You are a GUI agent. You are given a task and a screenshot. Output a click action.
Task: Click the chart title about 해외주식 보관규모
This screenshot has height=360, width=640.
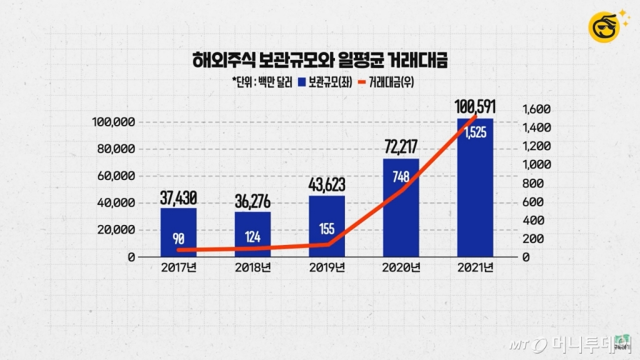[320, 61]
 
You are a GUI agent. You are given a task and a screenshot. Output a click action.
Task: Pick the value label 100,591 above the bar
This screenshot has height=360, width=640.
[475, 106]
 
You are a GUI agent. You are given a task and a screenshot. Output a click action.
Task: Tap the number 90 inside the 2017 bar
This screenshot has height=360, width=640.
[178, 239]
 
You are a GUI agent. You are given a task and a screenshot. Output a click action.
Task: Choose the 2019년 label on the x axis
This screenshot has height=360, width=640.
[327, 269]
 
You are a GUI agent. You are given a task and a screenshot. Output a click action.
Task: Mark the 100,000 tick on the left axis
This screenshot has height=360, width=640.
[111, 122]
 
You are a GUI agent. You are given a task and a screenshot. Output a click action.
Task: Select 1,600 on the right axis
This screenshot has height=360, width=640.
[536, 109]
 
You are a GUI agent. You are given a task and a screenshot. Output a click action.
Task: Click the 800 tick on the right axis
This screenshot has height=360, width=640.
[532, 183]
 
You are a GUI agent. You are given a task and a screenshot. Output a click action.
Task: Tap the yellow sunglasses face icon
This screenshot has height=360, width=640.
[604, 26]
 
